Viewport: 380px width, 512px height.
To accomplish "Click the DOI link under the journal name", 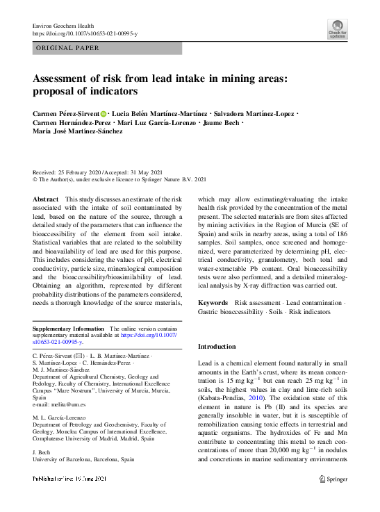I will [x=85, y=33].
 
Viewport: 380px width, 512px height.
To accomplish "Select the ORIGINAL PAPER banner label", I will [x=67, y=48].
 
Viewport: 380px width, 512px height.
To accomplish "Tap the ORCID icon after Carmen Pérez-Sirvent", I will [x=104, y=113].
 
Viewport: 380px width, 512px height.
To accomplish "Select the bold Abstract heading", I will [x=46, y=199].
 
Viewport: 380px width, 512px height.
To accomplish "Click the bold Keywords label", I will [x=213, y=303].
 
